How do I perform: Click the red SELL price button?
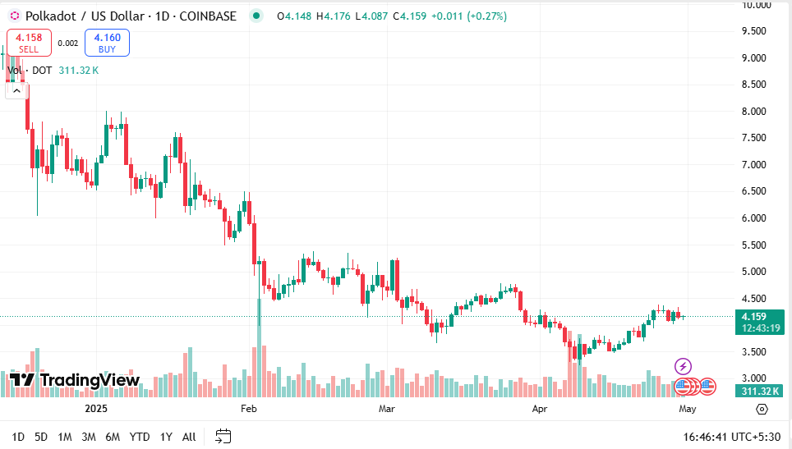[x=30, y=43]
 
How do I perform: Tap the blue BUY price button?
[x=107, y=43]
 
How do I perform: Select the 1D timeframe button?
[x=18, y=437]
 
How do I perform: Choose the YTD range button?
[x=140, y=437]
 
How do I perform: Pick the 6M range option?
[x=113, y=437]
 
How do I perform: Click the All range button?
[x=189, y=437]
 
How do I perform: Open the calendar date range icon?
[x=223, y=436]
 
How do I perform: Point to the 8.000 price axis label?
[x=754, y=112]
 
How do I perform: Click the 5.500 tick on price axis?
[x=754, y=245]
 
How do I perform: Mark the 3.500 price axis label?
[x=754, y=352]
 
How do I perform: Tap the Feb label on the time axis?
[x=249, y=408]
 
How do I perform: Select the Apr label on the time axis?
[x=540, y=408]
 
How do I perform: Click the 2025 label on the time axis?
[x=97, y=408]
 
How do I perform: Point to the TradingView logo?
[x=74, y=380]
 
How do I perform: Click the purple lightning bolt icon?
[x=683, y=366]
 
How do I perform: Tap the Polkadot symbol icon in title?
[x=14, y=16]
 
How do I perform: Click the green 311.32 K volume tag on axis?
[x=759, y=391]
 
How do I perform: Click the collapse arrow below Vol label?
[x=16, y=91]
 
